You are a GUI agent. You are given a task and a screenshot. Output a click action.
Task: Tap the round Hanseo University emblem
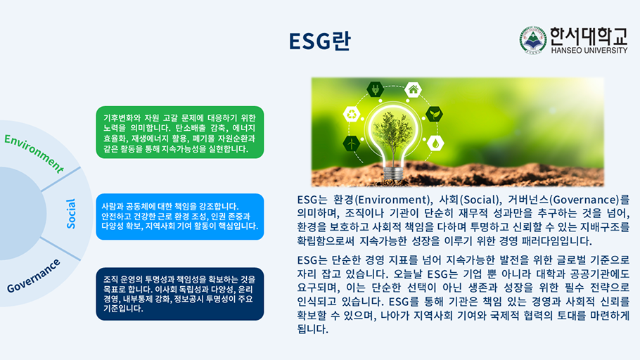point(532,40)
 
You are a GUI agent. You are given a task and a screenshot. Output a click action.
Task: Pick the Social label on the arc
point(71,212)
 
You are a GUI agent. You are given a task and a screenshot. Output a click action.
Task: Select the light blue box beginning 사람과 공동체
point(179,217)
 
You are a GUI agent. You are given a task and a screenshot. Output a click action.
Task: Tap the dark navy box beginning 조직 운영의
point(179,294)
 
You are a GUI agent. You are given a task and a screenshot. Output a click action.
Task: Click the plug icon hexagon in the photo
point(375,90)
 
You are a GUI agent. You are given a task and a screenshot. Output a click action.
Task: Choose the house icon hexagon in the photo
point(413,89)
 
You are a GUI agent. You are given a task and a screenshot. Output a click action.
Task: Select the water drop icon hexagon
point(436,143)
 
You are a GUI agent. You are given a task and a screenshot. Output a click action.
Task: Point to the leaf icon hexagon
point(435,114)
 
